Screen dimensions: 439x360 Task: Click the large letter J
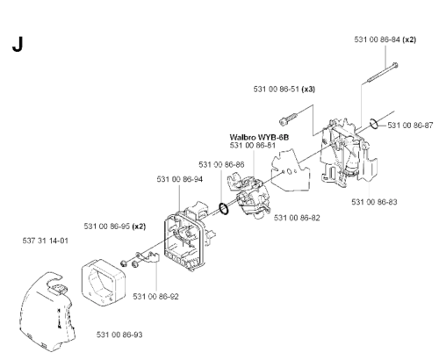18,45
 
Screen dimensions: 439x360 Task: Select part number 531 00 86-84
377,40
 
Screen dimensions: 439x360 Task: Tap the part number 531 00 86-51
276,89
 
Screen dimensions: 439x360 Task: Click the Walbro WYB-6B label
259,137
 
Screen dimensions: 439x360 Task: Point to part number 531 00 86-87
410,126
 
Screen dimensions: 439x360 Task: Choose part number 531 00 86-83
374,202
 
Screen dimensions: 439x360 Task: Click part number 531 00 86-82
297,218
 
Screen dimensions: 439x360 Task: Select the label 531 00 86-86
221,164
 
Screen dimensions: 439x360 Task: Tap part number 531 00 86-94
180,179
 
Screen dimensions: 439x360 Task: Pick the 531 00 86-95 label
107,227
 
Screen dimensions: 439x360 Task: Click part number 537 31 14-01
46,241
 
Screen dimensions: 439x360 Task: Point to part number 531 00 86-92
155,297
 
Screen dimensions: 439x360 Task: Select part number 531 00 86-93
119,335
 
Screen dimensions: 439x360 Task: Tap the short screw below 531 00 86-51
289,119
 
